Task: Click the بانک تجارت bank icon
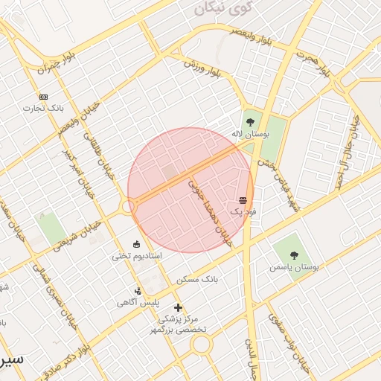pyautogui.click(x=43, y=97)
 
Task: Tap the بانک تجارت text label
pyautogui.click(x=43, y=108)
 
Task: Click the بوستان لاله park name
pyautogui.click(x=249, y=134)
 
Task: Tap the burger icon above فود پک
pyautogui.click(x=243, y=200)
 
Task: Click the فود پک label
pyautogui.click(x=243, y=211)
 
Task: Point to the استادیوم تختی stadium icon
pyautogui.click(x=136, y=244)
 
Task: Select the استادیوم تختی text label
pyautogui.click(x=136, y=256)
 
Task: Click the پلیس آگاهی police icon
pyautogui.click(x=138, y=291)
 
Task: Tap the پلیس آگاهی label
pyautogui.click(x=138, y=303)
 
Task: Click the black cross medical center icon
pyautogui.click(x=178, y=307)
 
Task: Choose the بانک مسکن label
pyautogui.click(x=197, y=280)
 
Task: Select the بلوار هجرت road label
pyautogui.click(x=313, y=64)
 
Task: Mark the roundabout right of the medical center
pyautogui.click(x=201, y=344)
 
